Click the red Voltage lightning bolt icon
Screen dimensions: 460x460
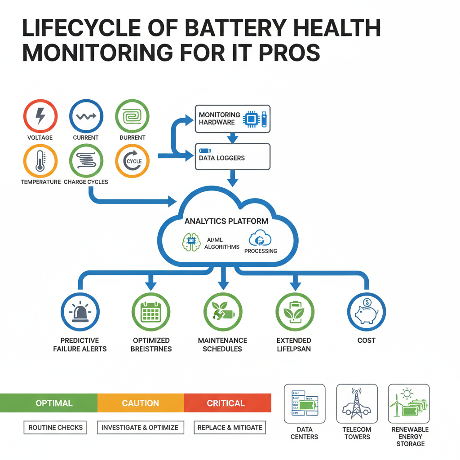[x=40, y=116]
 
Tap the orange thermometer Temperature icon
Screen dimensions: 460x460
[x=40, y=160]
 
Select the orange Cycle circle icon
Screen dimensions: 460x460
[x=132, y=161]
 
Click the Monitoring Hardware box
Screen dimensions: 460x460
[x=233, y=119]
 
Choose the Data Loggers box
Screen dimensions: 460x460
[x=233, y=156]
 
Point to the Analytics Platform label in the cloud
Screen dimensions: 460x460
[x=226, y=221]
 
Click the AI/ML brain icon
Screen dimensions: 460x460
[x=191, y=242]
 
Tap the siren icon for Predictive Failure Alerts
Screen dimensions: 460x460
[x=80, y=311]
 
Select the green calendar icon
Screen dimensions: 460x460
[x=151, y=311]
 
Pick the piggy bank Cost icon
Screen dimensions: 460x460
[x=367, y=311]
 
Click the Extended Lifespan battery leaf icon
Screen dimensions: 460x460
[x=295, y=311]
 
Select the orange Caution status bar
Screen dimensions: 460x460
[x=140, y=403]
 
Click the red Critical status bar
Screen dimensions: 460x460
[x=227, y=403]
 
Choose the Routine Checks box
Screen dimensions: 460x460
[x=55, y=427]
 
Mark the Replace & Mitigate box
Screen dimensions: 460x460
[x=230, y=427]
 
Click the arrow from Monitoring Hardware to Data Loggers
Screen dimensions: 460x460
[x=233, y=137]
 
